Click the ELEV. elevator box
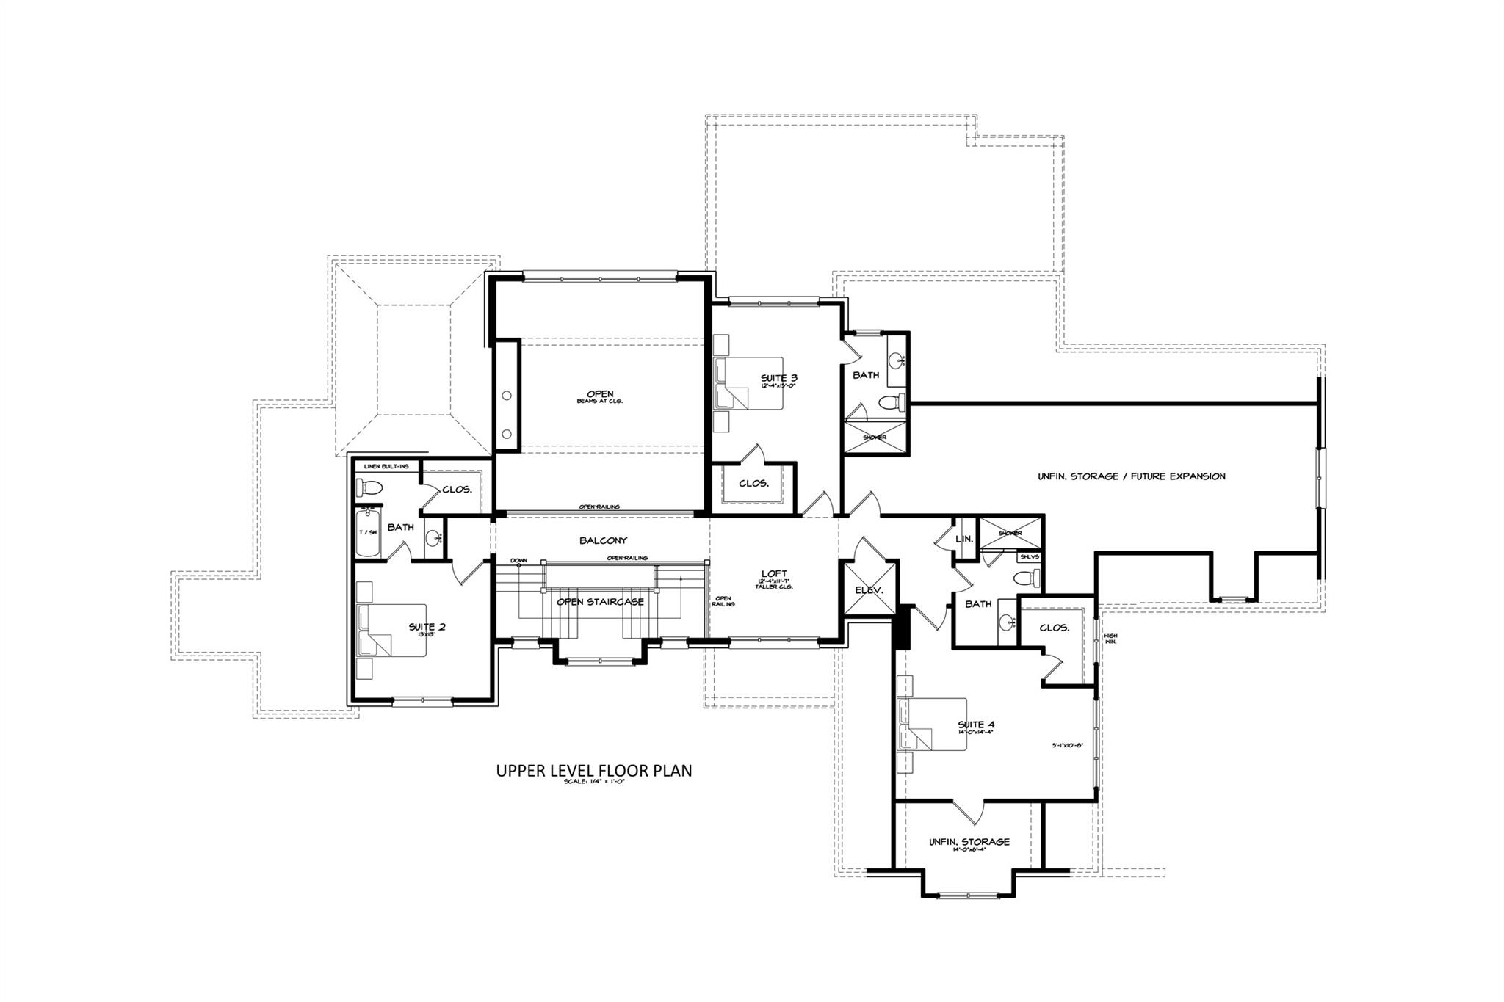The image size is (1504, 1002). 869,589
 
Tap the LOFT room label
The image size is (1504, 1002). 775,573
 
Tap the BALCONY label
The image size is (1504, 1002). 603,540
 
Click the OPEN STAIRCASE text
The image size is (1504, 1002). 600,602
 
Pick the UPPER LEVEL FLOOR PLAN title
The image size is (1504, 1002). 594,771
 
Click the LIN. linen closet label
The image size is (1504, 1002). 964,539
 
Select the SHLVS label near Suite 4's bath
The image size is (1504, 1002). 1029,557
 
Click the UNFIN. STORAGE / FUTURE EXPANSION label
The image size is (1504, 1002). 1131,476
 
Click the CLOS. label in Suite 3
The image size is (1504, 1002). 753,484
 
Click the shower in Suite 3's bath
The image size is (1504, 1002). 875,438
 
